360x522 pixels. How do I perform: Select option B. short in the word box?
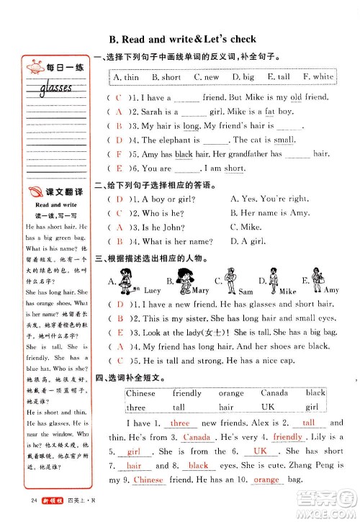[166, 77]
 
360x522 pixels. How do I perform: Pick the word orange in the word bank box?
[231, 394]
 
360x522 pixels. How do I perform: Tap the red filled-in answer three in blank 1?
[179, 423]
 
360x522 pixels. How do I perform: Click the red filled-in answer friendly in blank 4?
[288, 437]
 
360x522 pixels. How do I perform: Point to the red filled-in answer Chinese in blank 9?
[149, 480]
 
